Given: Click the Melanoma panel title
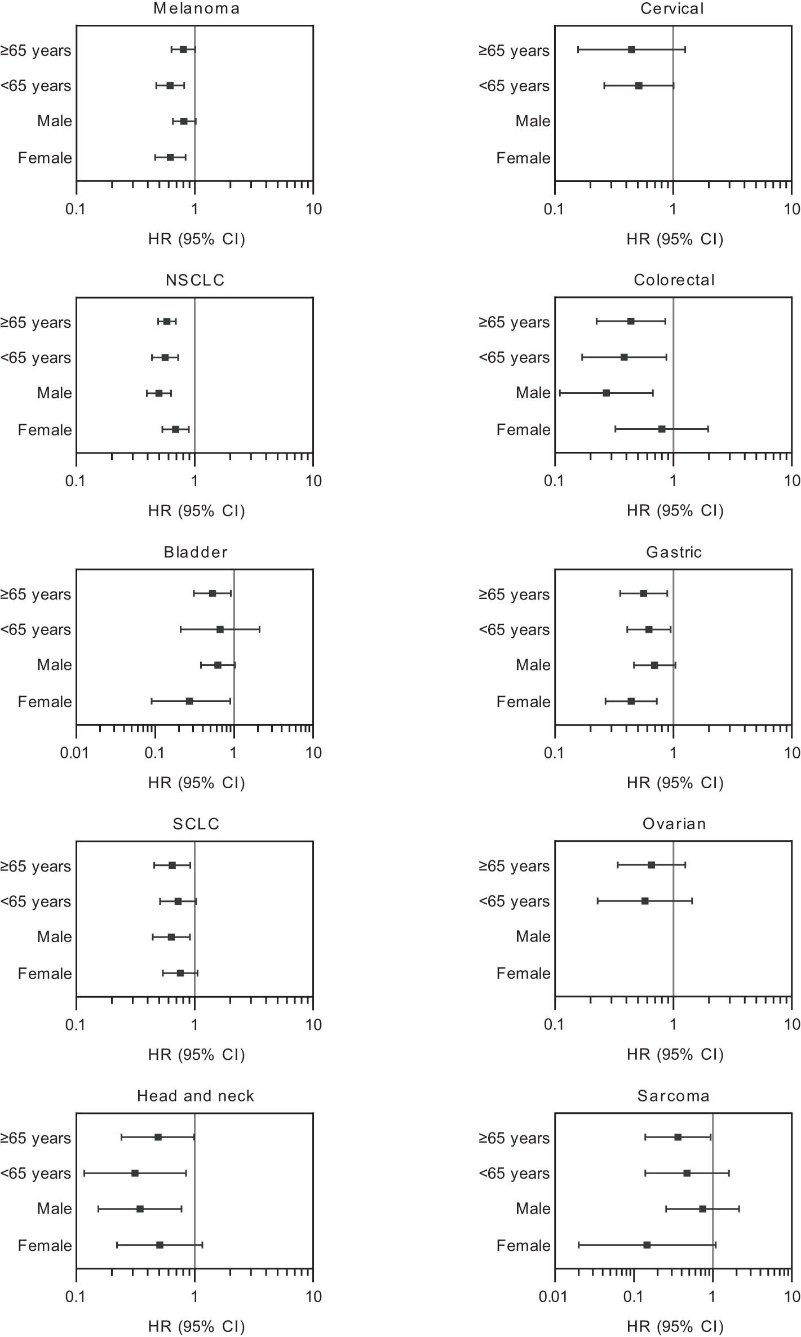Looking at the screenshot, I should coord(196,9).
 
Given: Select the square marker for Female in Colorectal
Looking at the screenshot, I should coord(662,429).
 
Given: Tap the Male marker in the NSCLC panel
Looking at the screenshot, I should coord(159,393).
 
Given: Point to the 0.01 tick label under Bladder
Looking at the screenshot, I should coord(74,753).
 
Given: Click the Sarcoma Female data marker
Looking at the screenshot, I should coord(647,1245).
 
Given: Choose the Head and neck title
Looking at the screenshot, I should coord(196,1096).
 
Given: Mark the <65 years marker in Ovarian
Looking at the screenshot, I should coord(645,901).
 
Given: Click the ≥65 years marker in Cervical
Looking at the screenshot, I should coord(631,50).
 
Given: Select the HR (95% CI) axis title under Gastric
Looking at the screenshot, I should coord(675,783).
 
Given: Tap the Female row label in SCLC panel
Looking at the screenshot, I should coord(45,974).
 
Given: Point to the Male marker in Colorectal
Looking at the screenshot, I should coord(606,393).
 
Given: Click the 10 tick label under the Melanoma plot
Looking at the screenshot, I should coord(313,210).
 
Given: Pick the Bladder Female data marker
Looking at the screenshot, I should coord(189,701).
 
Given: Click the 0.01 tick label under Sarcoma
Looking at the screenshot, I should coord(553,1297).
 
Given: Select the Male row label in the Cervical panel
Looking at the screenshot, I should coord(533,121).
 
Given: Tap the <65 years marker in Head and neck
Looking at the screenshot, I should coord(135,1173).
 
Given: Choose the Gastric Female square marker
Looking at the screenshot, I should coord(631,701).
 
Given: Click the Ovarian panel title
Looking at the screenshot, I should coord(674,824).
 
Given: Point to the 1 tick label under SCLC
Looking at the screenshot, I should coord(194,1025).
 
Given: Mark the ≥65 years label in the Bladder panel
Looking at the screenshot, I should coord(36,594).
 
